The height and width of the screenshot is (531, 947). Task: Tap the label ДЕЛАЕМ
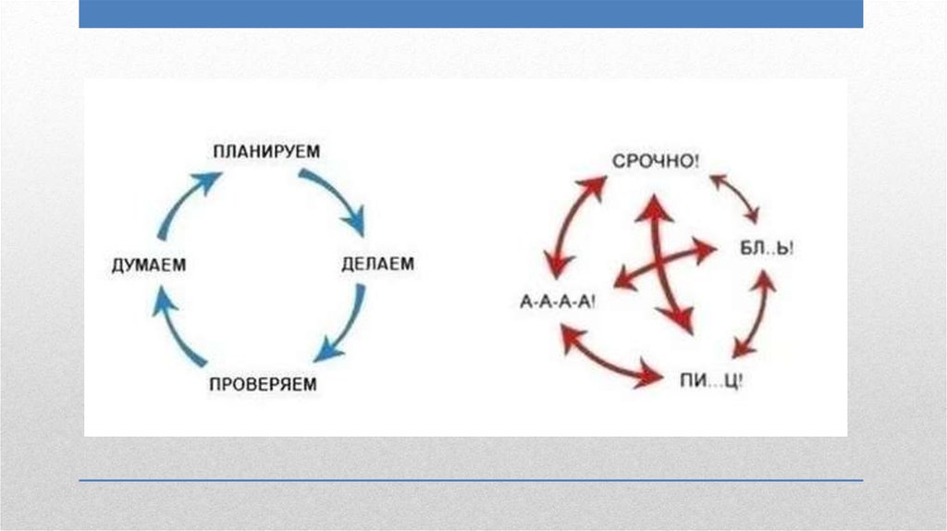pos(377,265)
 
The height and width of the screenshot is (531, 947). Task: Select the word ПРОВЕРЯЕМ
pos(263,383)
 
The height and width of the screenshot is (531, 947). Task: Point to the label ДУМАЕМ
pos(149,265)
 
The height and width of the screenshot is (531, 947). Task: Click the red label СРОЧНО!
pos(656,160)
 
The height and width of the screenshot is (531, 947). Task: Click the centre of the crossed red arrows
pos(664,263)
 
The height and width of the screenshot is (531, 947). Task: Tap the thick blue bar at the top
pos(471,13)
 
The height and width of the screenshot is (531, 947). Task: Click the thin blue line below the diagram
pos(471,480)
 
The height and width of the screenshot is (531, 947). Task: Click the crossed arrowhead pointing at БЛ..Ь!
pos(707,249)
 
